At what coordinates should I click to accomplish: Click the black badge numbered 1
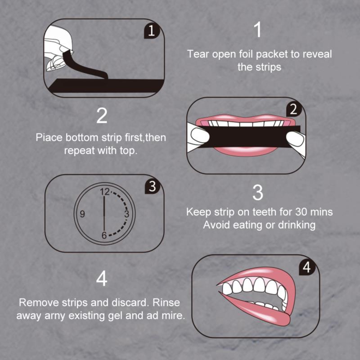point(152,31)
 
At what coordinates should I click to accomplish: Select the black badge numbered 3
point(153,186)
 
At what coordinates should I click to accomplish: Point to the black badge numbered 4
point(307,267)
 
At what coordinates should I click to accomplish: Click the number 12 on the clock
point(105,192)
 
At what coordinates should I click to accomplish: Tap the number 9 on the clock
point(82,214)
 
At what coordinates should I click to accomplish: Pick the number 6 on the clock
point(104,235)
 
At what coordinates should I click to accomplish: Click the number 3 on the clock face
point(127,214)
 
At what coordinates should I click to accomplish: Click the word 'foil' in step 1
point(246,54)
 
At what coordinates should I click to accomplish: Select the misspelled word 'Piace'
point(49,138)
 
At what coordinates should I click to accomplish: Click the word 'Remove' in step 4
point(39,302)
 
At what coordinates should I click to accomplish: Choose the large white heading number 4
point(102,278)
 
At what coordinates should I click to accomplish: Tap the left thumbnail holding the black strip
point(200,136)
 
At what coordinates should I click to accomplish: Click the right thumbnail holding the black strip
point(295,139)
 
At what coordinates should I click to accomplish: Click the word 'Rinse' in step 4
point(166,302)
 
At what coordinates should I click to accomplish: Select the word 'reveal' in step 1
point(317,54)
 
